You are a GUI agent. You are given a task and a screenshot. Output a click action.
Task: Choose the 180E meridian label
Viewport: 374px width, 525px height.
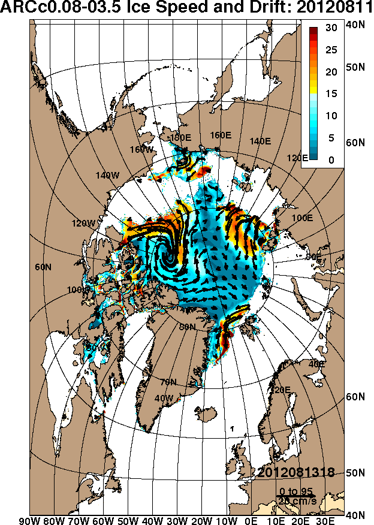click(180, 138)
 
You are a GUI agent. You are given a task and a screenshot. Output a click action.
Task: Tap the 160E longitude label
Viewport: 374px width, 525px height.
click(221, 135)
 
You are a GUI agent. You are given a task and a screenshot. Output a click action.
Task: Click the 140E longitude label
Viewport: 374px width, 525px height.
click(260, 141)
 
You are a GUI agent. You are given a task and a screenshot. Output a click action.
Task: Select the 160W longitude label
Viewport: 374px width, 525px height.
click(141, 149)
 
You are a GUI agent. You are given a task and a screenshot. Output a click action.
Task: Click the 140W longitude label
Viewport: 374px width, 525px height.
click(108, 176)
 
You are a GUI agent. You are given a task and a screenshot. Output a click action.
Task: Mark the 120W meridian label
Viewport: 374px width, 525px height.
click(83, 224)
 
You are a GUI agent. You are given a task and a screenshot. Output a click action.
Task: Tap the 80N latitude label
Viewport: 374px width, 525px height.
click(188, 327)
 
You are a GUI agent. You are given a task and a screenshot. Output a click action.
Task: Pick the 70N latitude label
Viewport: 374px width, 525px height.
click(168, 382)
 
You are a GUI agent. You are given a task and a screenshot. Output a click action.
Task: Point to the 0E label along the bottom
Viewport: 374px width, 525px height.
click(252, 520)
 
